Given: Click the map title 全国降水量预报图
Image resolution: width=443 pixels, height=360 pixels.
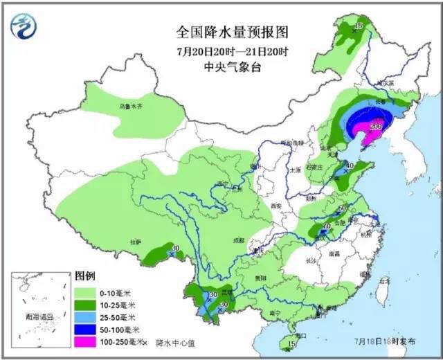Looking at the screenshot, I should [x=232, y=33].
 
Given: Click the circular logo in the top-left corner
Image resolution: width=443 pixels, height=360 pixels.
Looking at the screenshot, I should [x=26, y=26].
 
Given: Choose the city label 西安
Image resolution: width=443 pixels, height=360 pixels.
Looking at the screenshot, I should [x=277, y=206].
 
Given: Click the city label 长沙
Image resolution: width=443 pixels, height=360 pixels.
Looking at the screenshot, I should [x=311, y=260].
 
